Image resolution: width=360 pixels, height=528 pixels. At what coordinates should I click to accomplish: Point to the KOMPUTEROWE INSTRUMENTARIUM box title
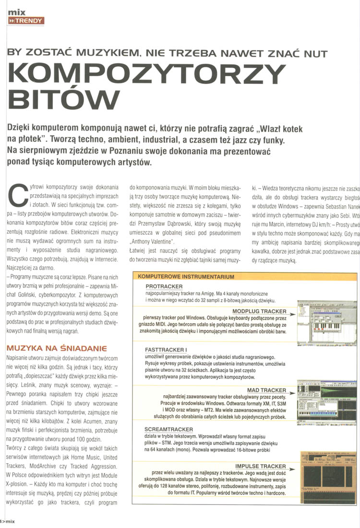[x=186, y=277]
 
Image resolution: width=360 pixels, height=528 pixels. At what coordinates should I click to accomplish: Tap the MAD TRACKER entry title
[x=266, y=390]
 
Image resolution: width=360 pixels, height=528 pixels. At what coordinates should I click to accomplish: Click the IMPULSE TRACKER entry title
[x=260, y=466]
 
